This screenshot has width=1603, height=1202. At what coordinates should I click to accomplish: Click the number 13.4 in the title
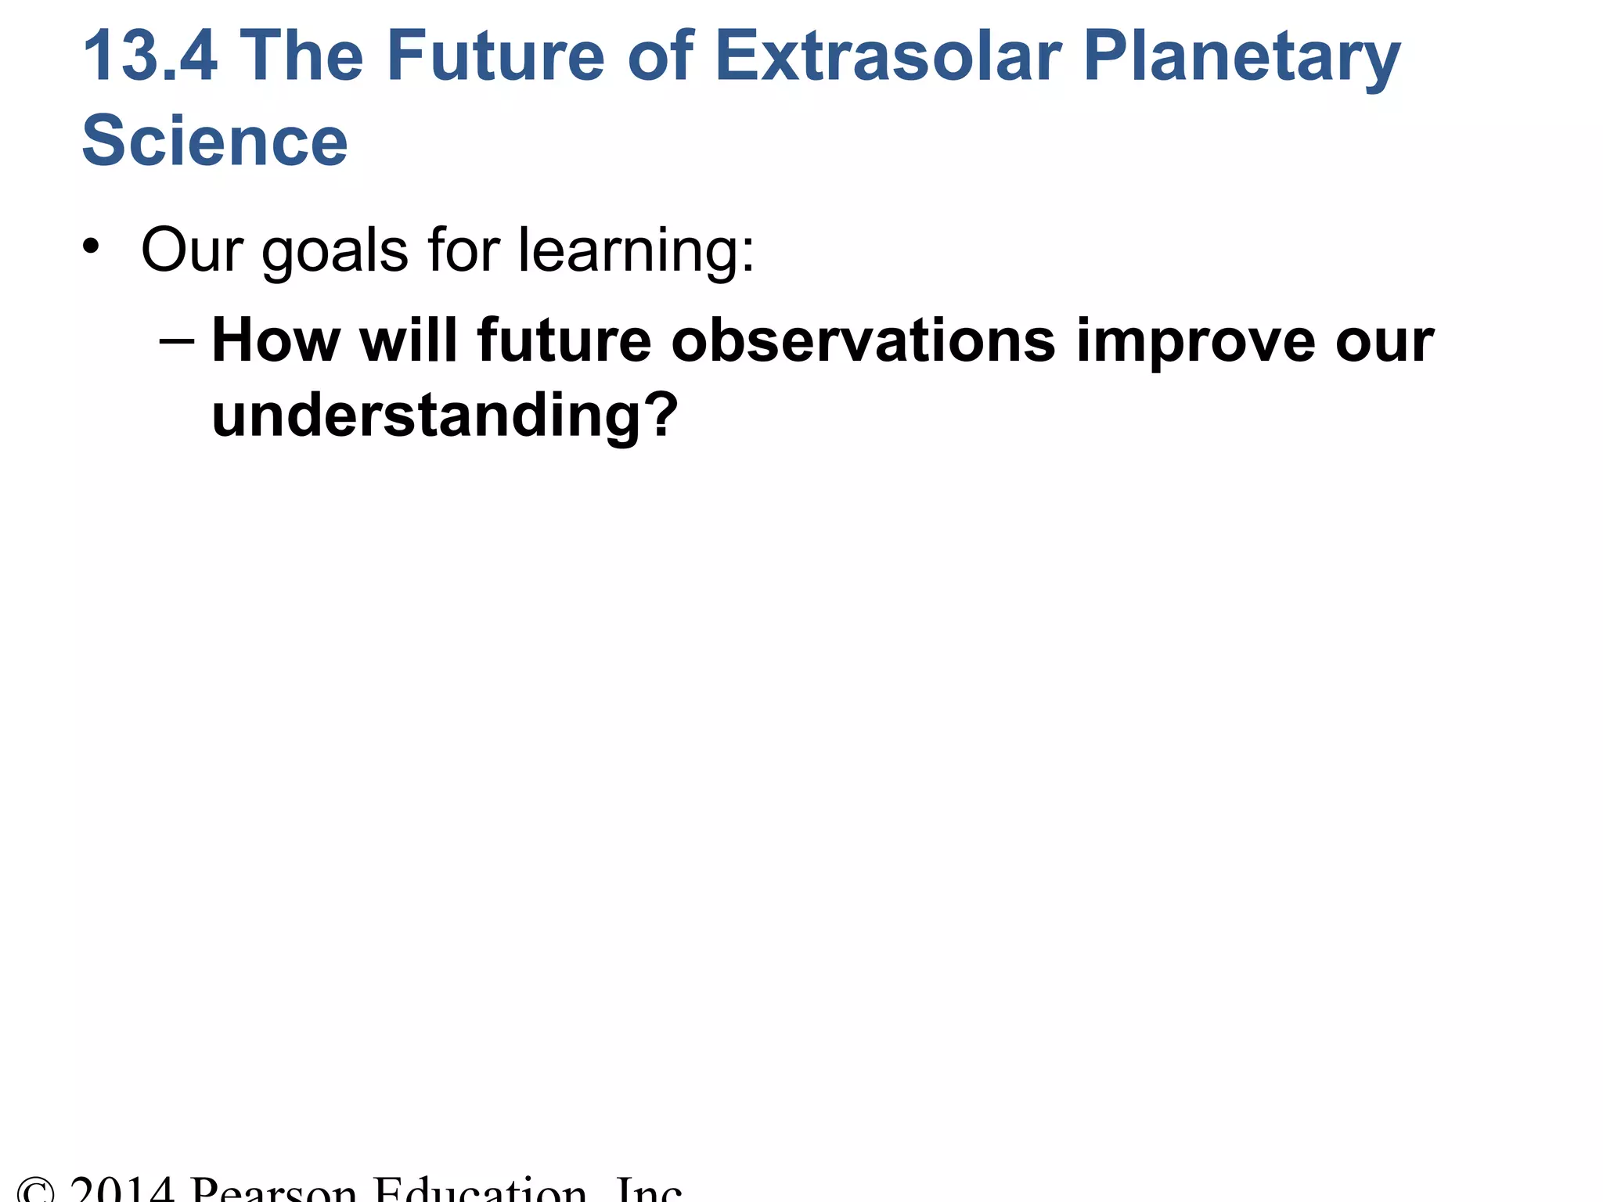click(x=149, y=56)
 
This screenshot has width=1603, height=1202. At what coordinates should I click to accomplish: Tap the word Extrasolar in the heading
click(x=888, y=56)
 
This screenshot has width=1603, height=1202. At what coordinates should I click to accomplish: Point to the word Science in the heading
click(x=214, y=142)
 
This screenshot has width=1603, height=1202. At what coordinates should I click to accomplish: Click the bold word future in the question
click(x=564, y=341)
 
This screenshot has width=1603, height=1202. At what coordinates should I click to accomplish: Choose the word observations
click(x=863, y=341)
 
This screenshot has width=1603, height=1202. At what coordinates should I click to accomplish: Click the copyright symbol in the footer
click(x=35, y=1191)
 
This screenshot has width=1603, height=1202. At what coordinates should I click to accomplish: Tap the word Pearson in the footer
click(x=273, y=1191)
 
